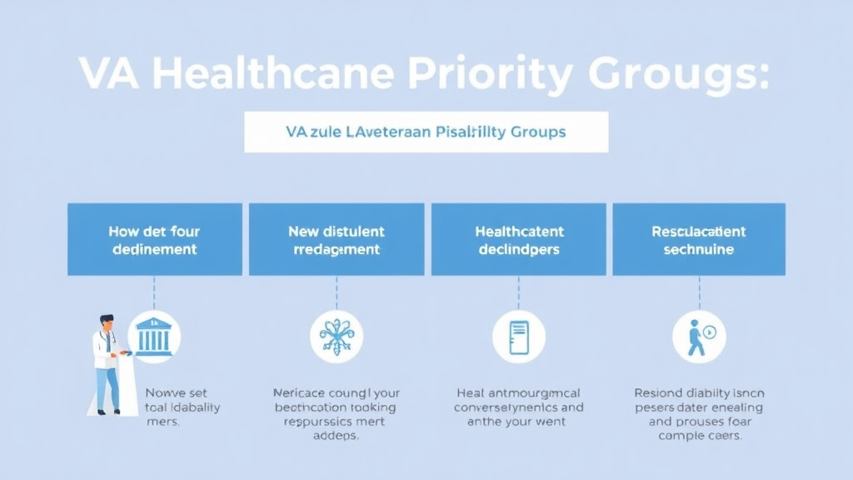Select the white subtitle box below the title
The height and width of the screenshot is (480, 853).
coord(426,132)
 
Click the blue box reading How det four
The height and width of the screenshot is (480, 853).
coord(154,239)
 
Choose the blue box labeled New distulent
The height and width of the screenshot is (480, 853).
coord(337,239)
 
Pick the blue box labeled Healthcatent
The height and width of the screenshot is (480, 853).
coord(518,239)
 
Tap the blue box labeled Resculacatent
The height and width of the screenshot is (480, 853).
coord(698,239)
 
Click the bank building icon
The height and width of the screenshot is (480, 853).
coord(154,337)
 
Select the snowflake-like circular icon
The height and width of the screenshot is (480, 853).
coord(337,337)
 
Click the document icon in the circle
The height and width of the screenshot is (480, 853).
coord(518,337)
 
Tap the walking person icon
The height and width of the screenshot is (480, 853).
coord(698,337)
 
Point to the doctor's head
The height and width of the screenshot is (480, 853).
coord(106,322)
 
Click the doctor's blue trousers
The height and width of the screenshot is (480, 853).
coord(107,388)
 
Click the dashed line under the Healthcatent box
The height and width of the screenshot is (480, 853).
coord(518,292)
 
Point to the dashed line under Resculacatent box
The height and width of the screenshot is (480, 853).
coord(699,292)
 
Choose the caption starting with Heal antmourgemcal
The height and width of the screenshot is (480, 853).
coord(518,407)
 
